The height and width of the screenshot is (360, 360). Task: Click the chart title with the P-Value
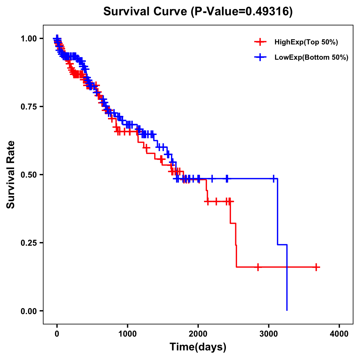[x=198, y=11]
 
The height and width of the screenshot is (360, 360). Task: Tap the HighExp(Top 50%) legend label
[x=306, y=42]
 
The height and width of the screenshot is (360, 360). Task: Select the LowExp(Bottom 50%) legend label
[x=311, y=58]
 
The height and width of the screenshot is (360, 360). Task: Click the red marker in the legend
[x=260, y=42]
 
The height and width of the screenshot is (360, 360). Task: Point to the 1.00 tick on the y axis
[x=28, y=39]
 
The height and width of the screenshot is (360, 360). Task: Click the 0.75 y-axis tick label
[x=28, y=107]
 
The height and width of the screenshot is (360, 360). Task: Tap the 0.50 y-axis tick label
[x=28, y=175]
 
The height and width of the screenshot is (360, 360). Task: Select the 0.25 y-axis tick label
[x=28, y=243]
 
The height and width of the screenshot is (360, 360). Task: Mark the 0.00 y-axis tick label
[x=28, y=311]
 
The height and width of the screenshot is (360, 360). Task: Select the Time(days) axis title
[x=198, y=347]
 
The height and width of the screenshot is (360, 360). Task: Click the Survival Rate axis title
[x=11, y=175]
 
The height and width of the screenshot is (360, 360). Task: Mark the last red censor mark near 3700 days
[x=316, y=267]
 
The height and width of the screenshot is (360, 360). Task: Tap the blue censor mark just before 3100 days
[x=274, y=179]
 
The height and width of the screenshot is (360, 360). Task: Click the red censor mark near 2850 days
[x=258, y=267]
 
